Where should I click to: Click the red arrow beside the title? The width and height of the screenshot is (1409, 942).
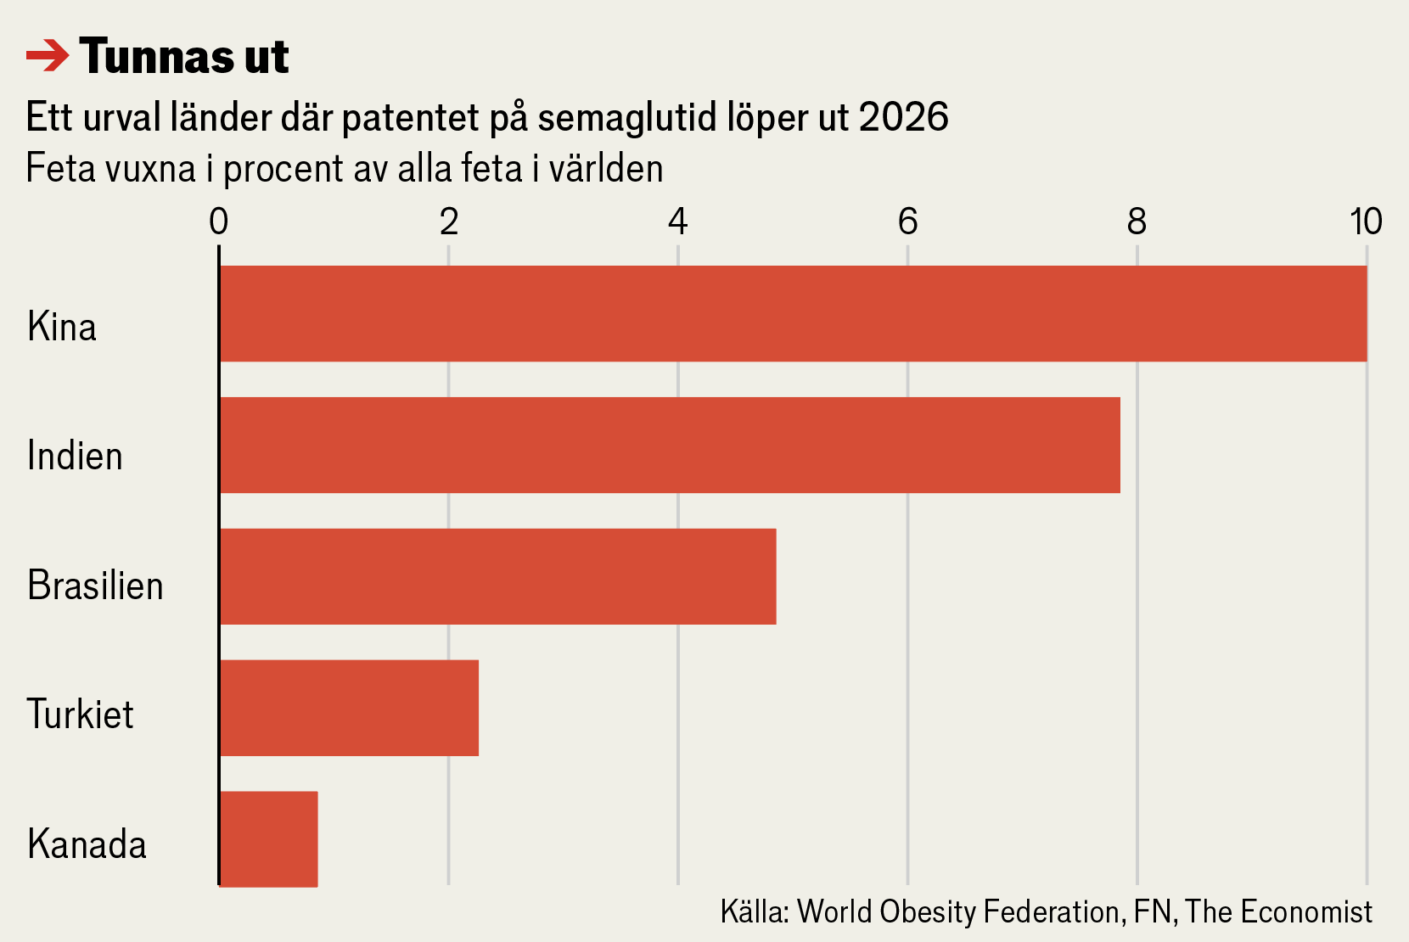(48, 57)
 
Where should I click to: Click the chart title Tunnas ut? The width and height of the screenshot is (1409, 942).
(184, 57)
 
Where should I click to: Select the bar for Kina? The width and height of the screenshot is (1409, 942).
(793, 314)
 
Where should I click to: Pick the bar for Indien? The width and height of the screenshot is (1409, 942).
(670, 445)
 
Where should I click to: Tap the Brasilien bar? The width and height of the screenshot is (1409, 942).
(497, 576)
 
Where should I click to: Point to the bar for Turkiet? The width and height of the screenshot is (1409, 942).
(349, 708)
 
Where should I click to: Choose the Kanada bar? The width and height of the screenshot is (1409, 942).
(268, 839)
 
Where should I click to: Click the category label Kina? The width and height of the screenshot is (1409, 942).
(62, 327)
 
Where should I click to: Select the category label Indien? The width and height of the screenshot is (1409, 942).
(75, 457)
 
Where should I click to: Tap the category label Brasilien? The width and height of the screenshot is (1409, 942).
(95, 586)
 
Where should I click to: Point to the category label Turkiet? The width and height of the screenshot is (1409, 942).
(80, 715)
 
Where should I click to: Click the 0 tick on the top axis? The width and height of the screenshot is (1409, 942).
(219, 222)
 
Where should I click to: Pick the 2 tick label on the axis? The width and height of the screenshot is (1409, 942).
(449, 222)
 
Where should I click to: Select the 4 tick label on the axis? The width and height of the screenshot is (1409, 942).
(677, 222)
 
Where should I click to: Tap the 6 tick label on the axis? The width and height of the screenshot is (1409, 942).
(907, 222)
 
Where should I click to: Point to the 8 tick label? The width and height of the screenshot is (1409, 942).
(1137, 222)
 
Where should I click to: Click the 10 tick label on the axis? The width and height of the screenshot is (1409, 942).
(1366, 222)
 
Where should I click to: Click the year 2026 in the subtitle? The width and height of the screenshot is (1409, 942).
(903, 117)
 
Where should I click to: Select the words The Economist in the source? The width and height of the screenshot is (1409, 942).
(1278, 912)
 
